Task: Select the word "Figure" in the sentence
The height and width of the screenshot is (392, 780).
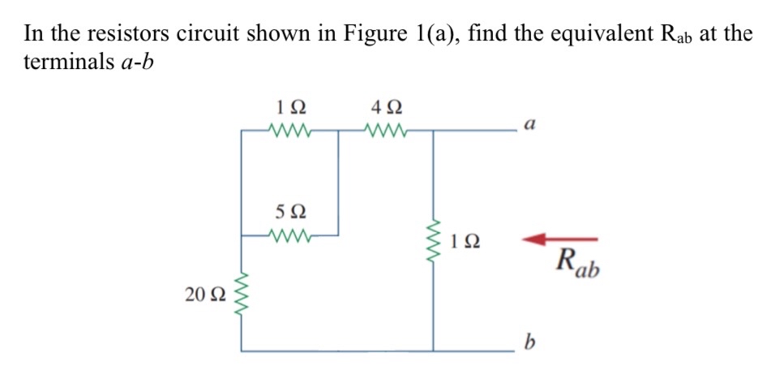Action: click(x=371, y=34)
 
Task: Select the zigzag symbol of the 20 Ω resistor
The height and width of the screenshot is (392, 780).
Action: click(x=241, y=294)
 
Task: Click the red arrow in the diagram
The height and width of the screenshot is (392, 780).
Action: click(x=559, y=239)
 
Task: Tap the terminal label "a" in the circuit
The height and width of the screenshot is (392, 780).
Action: click(x=530, y=125)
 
